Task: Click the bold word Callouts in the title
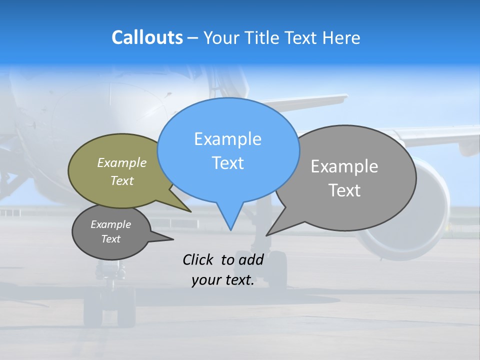(x=147, y=37)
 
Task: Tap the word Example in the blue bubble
(x=227, y=139)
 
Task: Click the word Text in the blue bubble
(x=227, y=163)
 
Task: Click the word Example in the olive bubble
(x=122, y=162)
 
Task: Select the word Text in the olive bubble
(x=122, y=180)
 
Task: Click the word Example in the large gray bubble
(x=344, y=166)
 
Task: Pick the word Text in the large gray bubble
(x=344, y=190)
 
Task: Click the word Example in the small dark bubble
(x=111, y=224)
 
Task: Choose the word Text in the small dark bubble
(x=111, y=239)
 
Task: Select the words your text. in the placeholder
(x=223, y=280)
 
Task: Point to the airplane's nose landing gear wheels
(x=109, y=305)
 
